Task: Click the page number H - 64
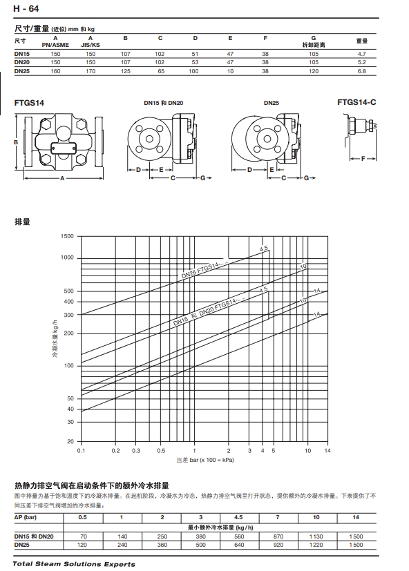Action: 26,8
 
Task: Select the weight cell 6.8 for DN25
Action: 361,71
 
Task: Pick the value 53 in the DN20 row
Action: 195,62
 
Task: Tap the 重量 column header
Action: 362,41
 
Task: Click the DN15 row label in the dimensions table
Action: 22,54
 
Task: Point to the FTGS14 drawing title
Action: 29,103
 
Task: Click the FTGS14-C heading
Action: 356,102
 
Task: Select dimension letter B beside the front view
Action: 16,142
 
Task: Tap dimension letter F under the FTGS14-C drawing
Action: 363,158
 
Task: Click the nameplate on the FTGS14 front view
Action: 63,148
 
